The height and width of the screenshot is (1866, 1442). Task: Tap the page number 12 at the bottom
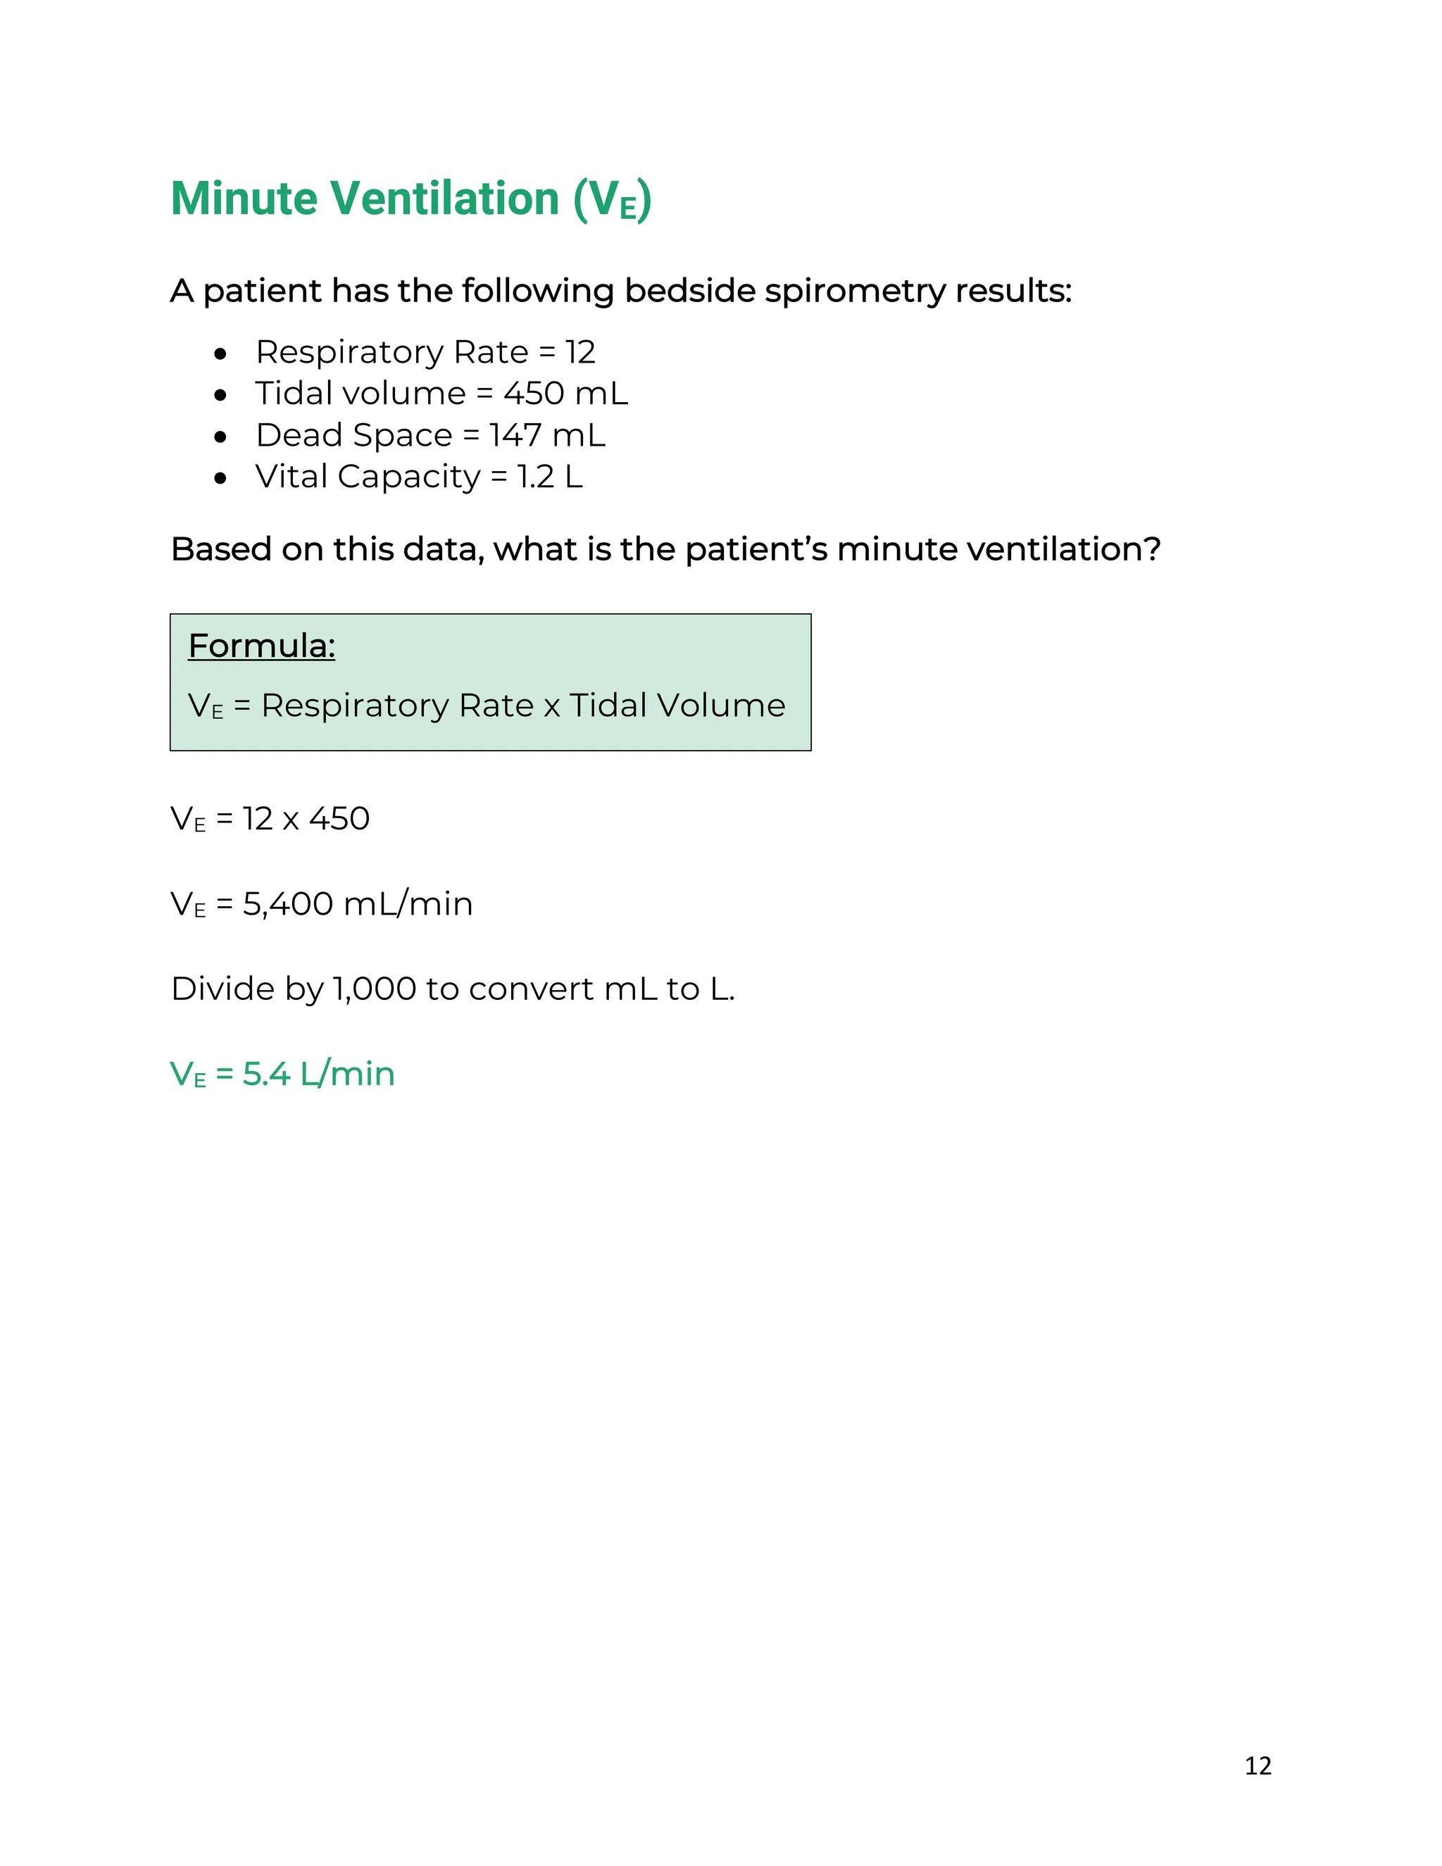tap(1258, 1765)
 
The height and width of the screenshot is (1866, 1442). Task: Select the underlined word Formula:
tap(261, 646)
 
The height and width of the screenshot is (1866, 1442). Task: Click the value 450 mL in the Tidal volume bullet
tap(565, 394)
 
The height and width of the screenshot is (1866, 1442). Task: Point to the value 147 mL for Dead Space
tap(546, 436)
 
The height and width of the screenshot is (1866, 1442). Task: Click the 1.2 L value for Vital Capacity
tap(549, 477)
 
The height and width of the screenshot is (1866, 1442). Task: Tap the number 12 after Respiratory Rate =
tap(580, 352)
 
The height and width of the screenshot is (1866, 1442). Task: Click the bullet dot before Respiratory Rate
tap(221, 353)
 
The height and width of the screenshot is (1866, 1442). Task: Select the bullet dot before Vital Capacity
tap(221, 477)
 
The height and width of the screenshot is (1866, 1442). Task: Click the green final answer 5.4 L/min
tap(319, 1074)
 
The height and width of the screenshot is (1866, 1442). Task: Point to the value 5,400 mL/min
tap(357, 904)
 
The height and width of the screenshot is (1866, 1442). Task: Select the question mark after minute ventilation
tap(1153, 549)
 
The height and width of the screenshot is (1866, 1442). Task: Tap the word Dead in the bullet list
tap(299, 436)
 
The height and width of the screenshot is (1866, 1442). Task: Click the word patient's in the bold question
tap(756, 549)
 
